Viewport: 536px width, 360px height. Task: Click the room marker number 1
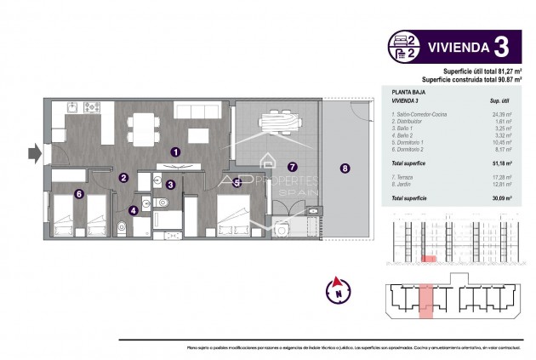click(x=174, y=151)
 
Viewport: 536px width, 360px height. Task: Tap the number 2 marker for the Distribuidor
click(x=123, y=178)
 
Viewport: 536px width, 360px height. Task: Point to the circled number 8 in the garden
click(x=345, y=168)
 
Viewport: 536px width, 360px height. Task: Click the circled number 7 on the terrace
click(x=292, y=168)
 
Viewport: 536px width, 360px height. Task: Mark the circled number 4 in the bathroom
click(x=134, y=210)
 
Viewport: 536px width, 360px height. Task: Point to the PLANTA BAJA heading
click(x=408, y=90)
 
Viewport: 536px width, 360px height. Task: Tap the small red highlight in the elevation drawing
click(x=431, y=256)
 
